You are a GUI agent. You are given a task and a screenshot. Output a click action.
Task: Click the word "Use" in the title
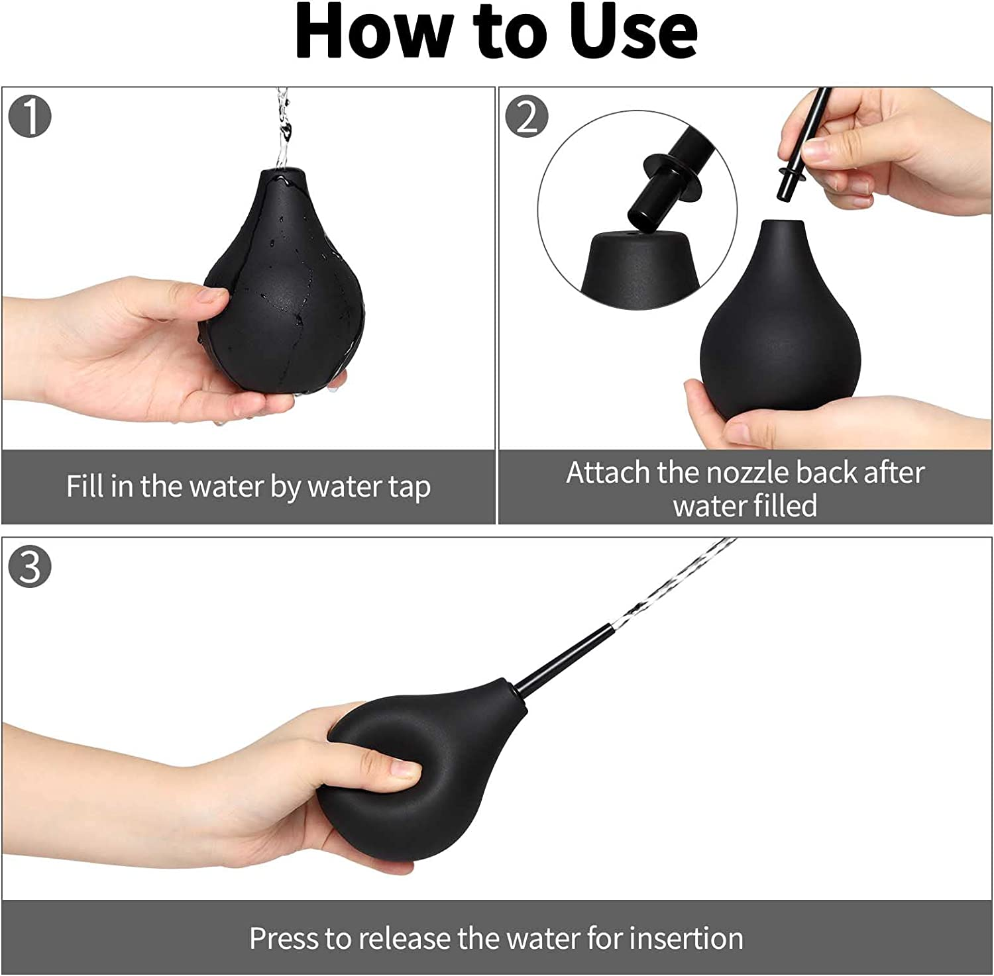(632, 32)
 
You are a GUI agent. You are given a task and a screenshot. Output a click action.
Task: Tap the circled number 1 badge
(30, 117)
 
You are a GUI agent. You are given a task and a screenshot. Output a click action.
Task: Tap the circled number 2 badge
(527, 117)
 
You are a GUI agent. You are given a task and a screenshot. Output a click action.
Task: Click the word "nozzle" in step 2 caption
(747, 473)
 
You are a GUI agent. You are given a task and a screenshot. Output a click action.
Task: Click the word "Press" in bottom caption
(284, 938)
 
